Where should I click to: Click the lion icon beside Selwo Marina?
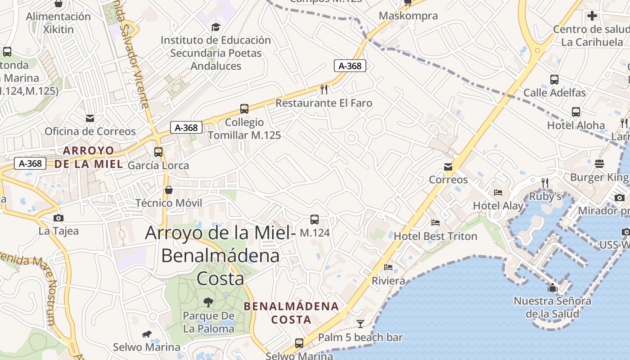[147, 334]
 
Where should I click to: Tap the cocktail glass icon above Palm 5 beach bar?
[360, 324]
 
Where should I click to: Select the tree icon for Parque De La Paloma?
[208, 302]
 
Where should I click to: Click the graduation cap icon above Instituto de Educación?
[216, 27]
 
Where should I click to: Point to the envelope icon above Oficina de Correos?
[90, 118]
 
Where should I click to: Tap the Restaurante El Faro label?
[324, 103]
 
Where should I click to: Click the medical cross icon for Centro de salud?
[592, 16]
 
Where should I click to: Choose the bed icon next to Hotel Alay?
[498, 193]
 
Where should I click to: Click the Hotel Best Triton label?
[435, 236]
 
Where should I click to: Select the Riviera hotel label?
[388, 281]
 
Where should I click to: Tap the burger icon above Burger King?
[599, 164]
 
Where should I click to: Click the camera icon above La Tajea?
[58, 218]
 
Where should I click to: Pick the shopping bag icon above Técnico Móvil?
[169, 190]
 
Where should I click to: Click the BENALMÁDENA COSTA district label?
[291, 313]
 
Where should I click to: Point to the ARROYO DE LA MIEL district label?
[88, 157]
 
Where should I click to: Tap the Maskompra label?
[408, 16]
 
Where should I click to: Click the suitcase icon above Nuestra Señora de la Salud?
[553, 288]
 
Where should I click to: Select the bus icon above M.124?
[315, 220]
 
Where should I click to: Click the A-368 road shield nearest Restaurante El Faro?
[350, 66]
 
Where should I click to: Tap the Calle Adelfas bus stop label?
[554, 93]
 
